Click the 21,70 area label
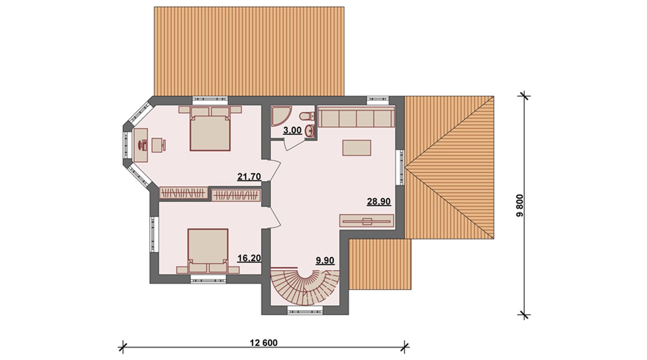pos(249,176)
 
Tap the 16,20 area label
pos(249,258)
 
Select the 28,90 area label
pos(379,201)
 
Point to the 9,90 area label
pos(325,260)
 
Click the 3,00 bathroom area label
pos(292,131)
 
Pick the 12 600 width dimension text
pos(263,343)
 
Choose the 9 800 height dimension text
pos(520,205)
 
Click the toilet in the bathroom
pos(307,116)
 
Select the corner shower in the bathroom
pos(281,116)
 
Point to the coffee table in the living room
pos(357,148)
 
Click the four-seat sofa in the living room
pos(356,117)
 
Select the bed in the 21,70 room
pos(210,129)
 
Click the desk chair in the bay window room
pos(158,145)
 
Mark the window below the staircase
pos(305,311)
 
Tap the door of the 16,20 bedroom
pos(274,218)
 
